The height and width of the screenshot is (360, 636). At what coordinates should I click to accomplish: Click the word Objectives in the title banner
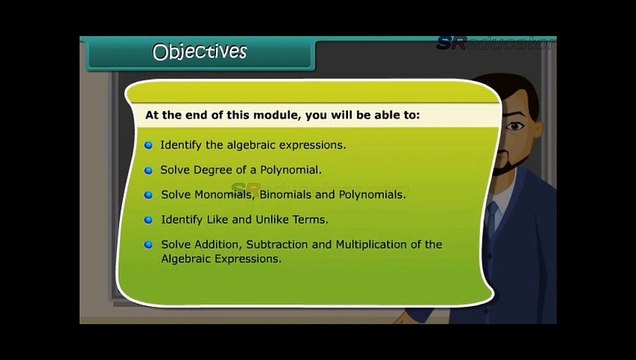[x=199, y=51]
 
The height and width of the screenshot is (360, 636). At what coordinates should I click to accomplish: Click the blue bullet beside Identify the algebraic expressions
[x=149, y=145]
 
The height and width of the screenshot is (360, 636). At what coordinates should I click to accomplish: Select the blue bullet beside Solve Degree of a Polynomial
[x=149, y=170]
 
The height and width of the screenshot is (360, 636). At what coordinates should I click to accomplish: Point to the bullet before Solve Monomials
[x=149, y=195]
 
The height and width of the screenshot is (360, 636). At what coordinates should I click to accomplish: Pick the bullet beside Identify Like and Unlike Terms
[x=149, y=219]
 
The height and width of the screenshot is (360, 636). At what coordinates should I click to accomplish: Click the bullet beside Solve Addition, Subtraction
[x=149, y=244]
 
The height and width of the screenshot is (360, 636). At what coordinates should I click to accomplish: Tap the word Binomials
[x=293, y=195]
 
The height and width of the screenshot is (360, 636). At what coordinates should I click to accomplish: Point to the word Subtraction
[x=282, y=244]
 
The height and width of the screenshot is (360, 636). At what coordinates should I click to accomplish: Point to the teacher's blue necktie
[x=490, y=216]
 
